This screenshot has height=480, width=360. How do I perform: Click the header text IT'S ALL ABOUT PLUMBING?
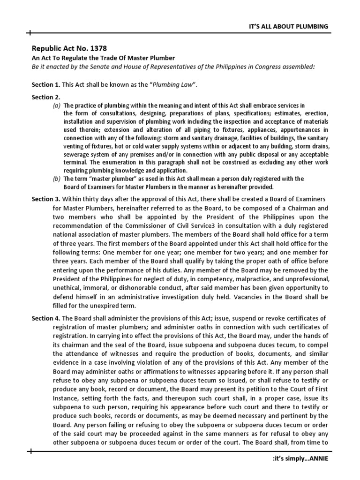288,26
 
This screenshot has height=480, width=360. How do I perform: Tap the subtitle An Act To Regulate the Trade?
103,58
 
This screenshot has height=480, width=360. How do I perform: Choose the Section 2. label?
44,97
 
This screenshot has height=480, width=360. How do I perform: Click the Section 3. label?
45,199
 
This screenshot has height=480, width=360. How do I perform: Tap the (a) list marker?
56,105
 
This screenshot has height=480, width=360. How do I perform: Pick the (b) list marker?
56,179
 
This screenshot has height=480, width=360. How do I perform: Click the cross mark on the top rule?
30,33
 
